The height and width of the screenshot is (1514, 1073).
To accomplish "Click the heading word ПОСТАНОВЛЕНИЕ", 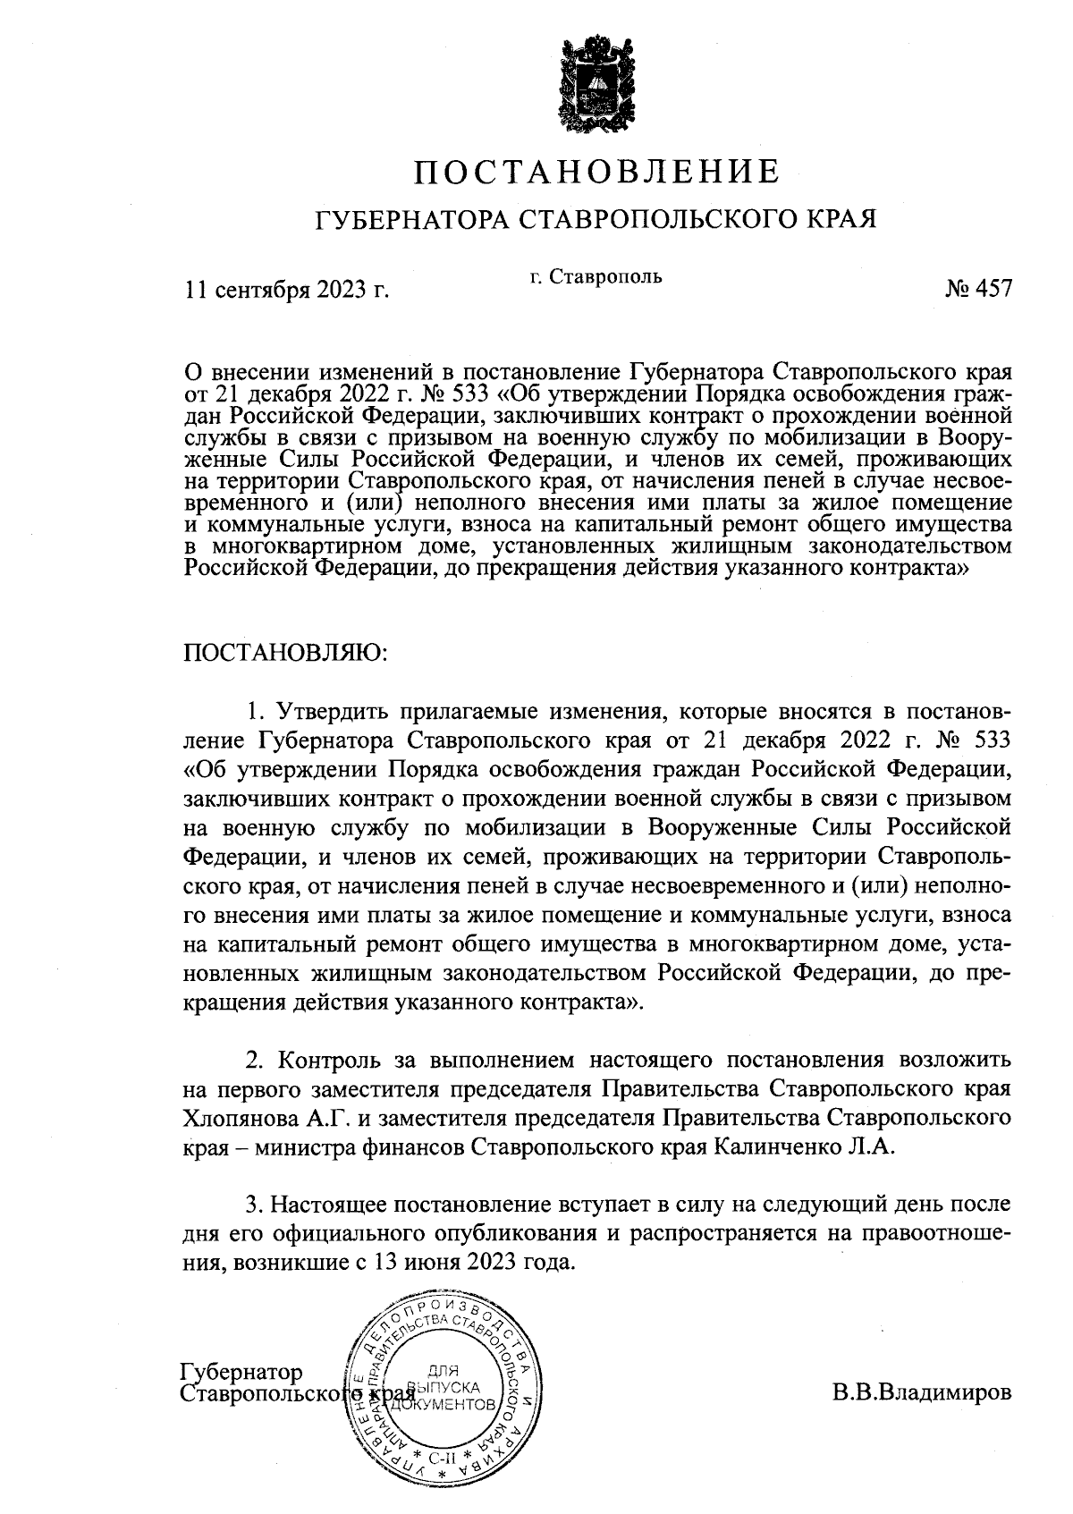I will click(x=596, y=171).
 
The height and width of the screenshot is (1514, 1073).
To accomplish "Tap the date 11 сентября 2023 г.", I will click(x=287, y=290).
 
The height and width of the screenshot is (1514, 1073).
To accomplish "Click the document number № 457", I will click(x=978, y=290).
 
